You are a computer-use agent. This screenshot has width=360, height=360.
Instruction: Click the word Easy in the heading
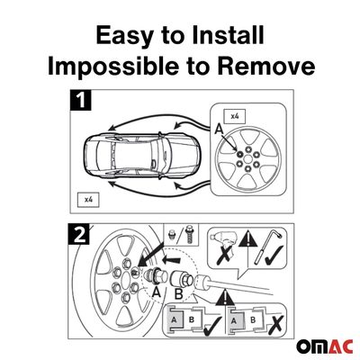coord(124,36)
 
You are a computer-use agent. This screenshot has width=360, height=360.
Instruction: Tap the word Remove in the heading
coord(266,66)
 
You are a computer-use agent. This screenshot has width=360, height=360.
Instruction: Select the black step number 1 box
coord(80,100)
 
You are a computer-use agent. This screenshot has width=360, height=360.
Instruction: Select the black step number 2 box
coord(79,233)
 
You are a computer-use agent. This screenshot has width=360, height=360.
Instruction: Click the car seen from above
coord(141,155)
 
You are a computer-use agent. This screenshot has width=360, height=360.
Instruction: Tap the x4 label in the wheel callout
coord(235,116)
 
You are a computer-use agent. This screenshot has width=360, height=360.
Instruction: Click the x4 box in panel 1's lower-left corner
coord(88,199)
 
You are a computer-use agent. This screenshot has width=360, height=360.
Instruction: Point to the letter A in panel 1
coord(220,130)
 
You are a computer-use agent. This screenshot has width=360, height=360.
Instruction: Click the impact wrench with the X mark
coord(222,246)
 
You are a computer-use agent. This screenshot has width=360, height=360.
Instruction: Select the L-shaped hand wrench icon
coord(267,247)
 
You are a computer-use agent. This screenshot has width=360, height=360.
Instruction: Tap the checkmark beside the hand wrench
coord(274,256)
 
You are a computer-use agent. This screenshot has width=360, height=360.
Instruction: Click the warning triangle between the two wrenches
coord(247,238)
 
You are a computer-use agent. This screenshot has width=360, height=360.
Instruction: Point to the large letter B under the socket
coord(178,294)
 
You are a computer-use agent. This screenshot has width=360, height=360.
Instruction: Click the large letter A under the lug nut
coord(156,291)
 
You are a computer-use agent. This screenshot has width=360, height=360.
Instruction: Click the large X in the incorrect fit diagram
coord(274,324)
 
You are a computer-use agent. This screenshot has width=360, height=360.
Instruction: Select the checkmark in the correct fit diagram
coord(212,325)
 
